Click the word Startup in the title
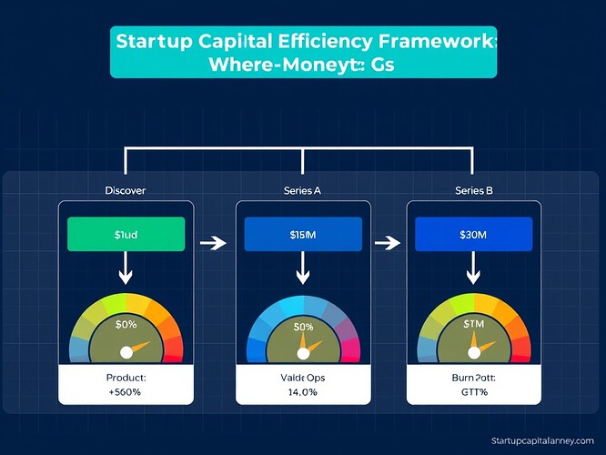pos(156,41)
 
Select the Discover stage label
pos(126,190)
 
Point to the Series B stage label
pos(473,190)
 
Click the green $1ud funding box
pos(126,234)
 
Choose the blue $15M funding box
pos(302,234)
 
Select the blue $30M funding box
pos(472,234)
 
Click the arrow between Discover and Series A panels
pos(212,243)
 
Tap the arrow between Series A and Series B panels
pos(389,243)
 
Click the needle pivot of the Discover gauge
pos(126,351)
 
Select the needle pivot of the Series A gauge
pos(302,352)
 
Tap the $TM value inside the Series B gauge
pos(473,324)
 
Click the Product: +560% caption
pos(126,383)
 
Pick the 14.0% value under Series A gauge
pos(302,391)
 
